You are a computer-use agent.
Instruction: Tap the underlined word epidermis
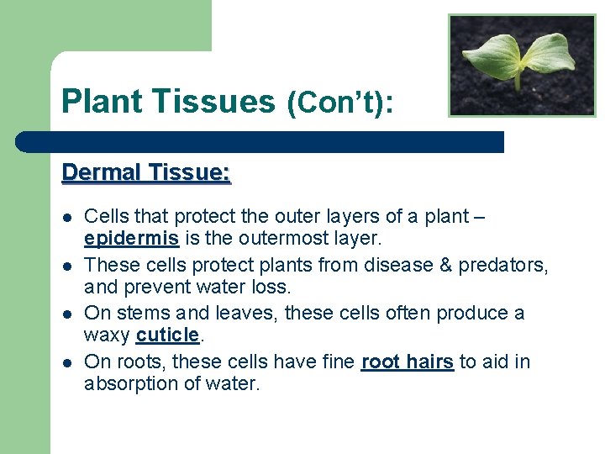pos(132,240)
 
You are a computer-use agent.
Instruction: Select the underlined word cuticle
pos(168,335)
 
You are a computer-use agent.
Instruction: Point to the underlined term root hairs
pos(408,362)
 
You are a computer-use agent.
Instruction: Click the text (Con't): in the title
pos(341,103)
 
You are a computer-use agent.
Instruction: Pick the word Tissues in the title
pos(216,102)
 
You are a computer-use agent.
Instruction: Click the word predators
pos(508,265)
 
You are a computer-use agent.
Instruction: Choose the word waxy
pos(108,335)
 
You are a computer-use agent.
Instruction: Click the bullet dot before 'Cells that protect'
pos(66,217)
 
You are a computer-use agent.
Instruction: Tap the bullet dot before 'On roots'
pos(66,362)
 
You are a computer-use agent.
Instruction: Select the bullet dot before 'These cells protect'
pos(66,266)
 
